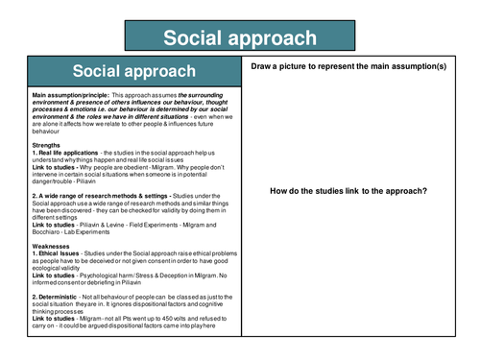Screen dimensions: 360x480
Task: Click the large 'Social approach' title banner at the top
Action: (239, 37)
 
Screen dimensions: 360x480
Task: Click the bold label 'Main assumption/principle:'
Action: (71, 97)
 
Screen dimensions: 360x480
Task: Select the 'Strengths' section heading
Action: (49, 145)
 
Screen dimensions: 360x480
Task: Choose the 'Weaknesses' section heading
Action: (53, 245)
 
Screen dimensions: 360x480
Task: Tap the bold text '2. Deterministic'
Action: (60, 297)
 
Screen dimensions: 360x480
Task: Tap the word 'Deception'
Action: (174, 276)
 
